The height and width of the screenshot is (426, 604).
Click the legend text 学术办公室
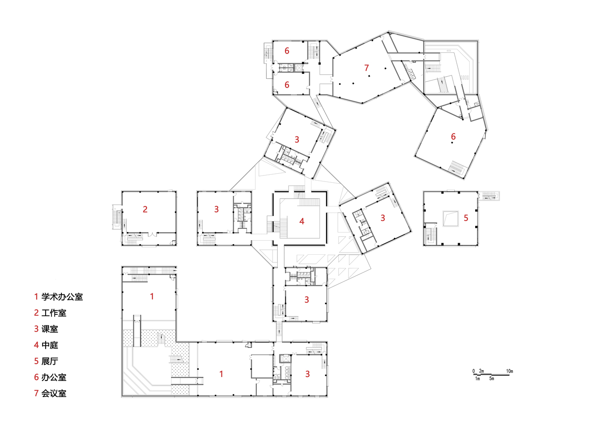62,297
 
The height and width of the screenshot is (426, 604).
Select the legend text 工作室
54,313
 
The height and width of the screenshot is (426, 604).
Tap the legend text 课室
49,329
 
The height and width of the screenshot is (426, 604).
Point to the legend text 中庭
49,345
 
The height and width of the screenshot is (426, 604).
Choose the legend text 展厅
49,361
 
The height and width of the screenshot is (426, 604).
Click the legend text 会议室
54,394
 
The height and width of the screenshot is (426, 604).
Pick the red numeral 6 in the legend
36,377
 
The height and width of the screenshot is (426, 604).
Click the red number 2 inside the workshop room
145,209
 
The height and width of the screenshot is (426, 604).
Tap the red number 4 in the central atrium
302,221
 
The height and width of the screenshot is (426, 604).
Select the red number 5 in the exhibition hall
466,218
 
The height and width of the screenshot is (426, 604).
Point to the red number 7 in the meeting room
366,68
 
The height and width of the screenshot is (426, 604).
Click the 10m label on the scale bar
509,371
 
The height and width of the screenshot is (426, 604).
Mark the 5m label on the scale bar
492,379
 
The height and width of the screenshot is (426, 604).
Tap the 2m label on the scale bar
482,371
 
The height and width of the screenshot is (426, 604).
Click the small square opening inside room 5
450,219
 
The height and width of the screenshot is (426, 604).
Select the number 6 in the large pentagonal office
453,136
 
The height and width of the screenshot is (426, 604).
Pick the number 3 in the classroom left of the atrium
216,209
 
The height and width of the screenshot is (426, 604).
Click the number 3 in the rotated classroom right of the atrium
383,218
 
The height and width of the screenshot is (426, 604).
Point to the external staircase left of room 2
116,218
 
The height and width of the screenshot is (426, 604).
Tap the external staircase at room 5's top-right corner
489,196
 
